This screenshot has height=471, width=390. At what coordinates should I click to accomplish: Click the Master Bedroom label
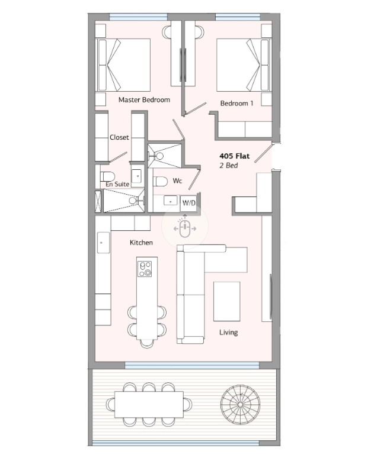coord(144,100)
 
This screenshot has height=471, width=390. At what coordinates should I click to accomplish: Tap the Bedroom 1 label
coord(237,104)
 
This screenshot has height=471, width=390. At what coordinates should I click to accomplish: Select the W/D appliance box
coord(188,203)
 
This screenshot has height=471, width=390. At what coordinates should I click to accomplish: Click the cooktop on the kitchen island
coord(145,269)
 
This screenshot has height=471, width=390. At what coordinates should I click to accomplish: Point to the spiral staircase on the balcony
coord(240,405)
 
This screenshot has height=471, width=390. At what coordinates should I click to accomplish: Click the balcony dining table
coord(149,404)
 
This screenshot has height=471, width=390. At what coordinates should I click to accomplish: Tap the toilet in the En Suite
coord(107,176)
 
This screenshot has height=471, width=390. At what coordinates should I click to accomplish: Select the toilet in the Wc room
coord(161,182)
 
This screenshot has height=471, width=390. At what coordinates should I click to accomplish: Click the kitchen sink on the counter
coord(103,243)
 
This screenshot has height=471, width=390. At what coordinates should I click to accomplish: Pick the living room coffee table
coord(227,301)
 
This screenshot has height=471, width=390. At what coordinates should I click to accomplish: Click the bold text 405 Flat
coord(235,156)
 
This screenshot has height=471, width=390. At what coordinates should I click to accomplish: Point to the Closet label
coord(119,137)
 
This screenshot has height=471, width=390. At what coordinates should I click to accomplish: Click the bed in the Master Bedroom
coord(123,65)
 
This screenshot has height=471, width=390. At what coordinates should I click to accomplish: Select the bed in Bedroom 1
coord(244,65)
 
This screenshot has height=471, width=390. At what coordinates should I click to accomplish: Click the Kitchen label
coord(141,243)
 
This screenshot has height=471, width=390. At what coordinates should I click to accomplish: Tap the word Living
coord(228,332)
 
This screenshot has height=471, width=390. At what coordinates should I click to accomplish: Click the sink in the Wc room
coord(170,201)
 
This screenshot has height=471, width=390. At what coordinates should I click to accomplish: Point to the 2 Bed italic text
coord(229,166)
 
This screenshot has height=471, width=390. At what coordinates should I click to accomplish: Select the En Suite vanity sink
coord(136,176)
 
